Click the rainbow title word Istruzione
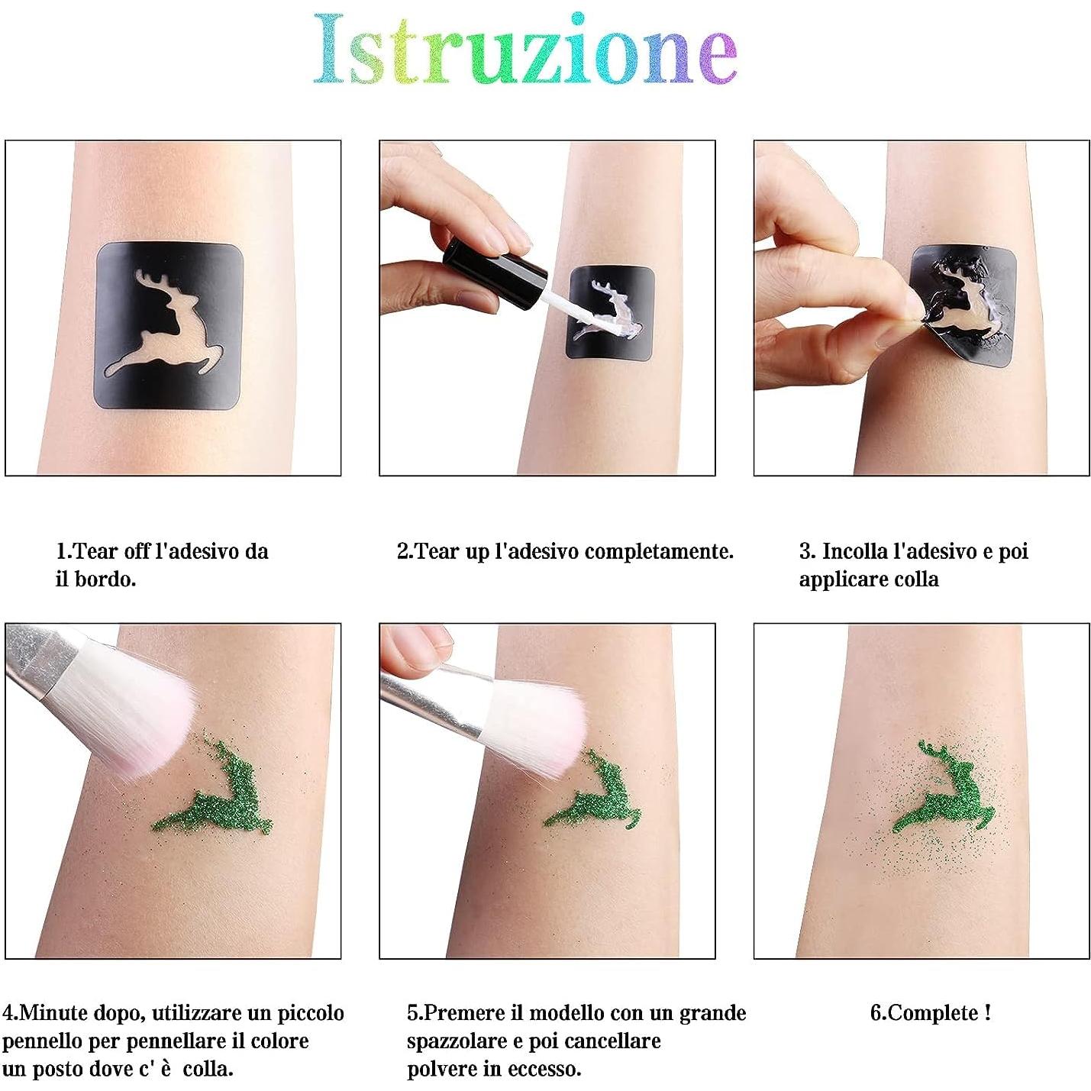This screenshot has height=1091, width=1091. (x=525, y=49)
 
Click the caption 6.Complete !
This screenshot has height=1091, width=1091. (x=930, y=1013)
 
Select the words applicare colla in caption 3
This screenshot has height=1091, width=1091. (x=868, y=579)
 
